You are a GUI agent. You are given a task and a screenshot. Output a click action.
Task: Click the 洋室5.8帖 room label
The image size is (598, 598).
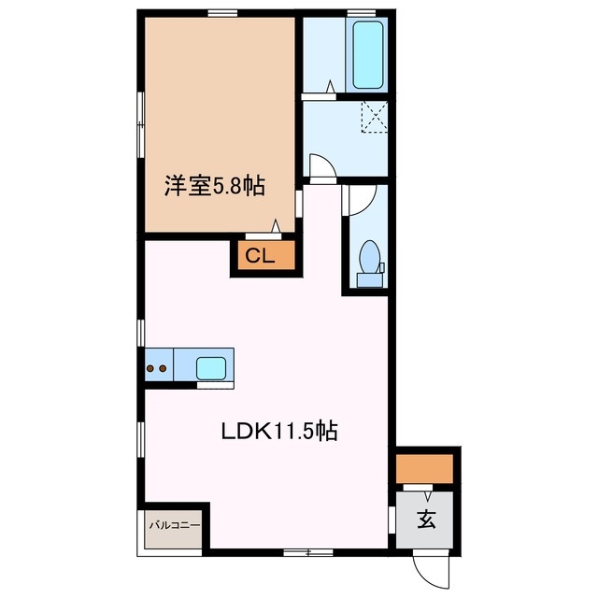[215, 186]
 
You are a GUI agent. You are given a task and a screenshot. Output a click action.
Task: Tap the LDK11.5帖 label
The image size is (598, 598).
[278, 432]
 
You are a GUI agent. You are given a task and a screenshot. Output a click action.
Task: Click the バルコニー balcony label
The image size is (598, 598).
[174, 526]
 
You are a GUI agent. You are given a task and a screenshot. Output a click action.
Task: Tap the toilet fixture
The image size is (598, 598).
[370, 261]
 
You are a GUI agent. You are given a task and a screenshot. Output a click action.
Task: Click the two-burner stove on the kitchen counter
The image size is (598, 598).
[157, 368]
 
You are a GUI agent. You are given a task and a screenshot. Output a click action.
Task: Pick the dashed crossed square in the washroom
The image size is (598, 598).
[375, 118]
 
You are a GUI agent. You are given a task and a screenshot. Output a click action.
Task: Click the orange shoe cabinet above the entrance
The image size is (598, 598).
[424, 467]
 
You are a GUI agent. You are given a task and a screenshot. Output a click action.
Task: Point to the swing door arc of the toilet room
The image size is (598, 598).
[362, 199]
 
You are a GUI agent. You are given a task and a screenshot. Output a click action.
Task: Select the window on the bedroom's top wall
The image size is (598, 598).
[221, 13]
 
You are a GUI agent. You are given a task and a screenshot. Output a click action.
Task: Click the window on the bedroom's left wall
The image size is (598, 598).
[140, 121]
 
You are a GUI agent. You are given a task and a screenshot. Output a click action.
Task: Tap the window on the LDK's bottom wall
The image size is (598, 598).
[296, 554]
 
